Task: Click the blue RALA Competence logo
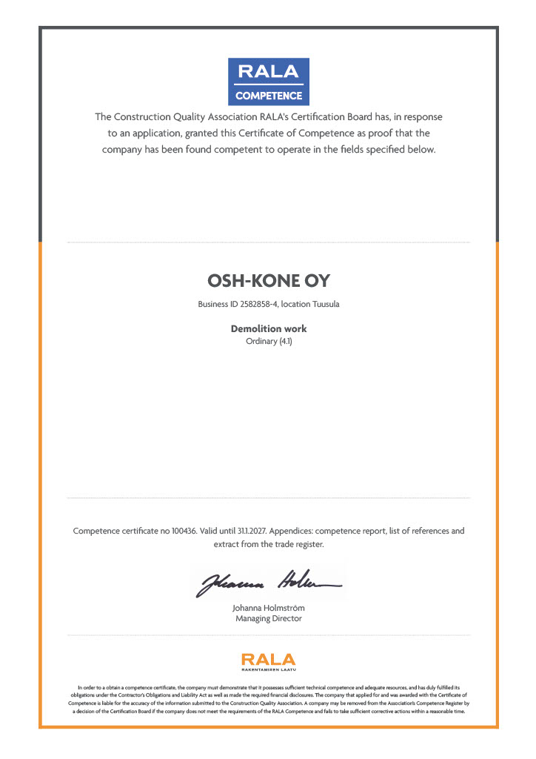(268, 81)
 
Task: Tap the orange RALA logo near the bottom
(268, 659)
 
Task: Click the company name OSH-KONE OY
(268, 282)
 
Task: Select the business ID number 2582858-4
(258, 304)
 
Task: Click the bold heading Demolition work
(268, 328)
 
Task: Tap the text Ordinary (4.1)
(268, 342)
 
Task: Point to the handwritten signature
(268, 583)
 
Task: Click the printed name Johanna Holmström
(268, 609)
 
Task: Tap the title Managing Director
(268, 619)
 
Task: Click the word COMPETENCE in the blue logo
(268, 96)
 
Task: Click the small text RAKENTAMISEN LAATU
(268, 669)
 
